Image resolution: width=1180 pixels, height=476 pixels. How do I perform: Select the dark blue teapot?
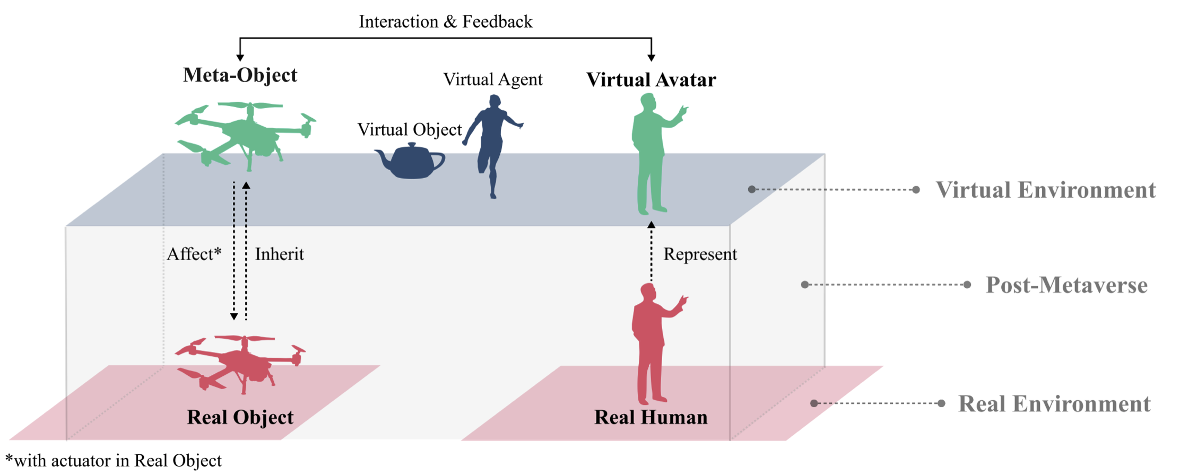pos(410,161)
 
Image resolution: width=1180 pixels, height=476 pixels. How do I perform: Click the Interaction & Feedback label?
pos(445,22)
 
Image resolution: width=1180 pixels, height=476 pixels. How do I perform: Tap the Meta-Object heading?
pos(240,75)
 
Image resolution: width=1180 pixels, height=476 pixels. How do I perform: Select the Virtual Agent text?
pos(492,80)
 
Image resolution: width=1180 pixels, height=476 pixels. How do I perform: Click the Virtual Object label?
pos(409,129)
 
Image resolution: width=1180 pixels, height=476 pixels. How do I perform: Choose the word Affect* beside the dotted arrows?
pos(194,254)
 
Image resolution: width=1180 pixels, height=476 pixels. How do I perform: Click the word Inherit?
pos(279,254)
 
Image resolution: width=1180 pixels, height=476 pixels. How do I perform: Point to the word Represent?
pos(700,254)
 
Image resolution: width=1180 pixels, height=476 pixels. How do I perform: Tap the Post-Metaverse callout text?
pos(1066,285)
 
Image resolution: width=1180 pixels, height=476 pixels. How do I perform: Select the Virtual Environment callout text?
pos(1045,190)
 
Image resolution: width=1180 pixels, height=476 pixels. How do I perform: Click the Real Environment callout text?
pos(1054,404)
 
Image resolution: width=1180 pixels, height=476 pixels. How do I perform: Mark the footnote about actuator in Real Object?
pos(114,460)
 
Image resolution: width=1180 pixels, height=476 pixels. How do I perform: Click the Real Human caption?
pos(650,417)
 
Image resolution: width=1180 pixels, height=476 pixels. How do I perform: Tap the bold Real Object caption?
pos(240,417)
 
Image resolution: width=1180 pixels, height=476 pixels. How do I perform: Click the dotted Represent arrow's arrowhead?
pos(652,225)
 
